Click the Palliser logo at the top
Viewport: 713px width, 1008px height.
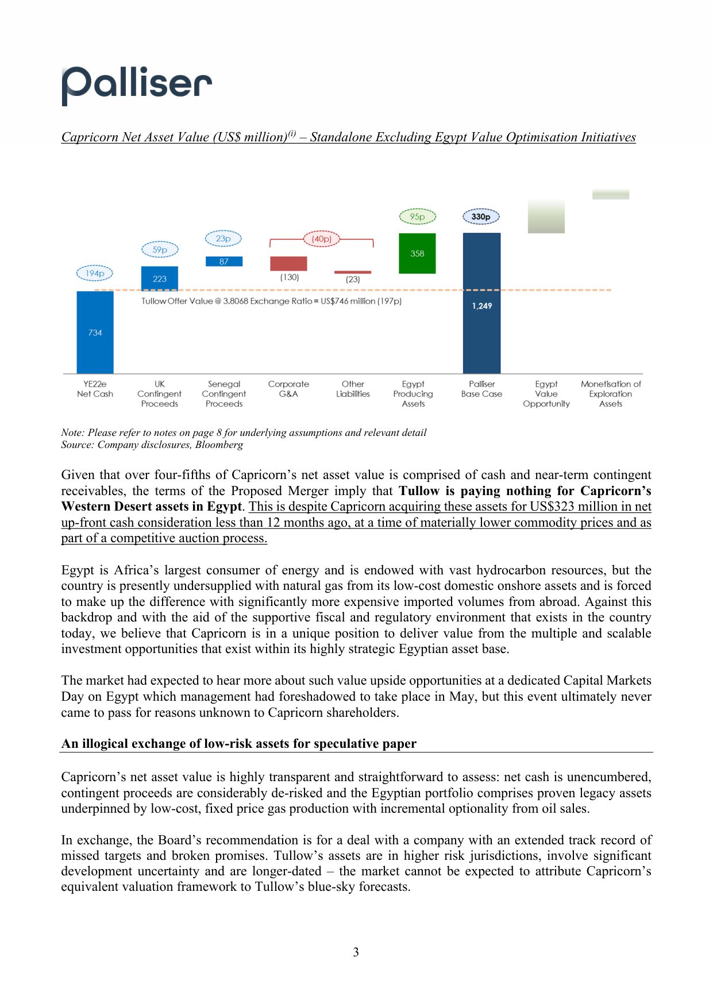[x=137, y=85]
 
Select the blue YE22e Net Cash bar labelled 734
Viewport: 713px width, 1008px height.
[x=95, y=332]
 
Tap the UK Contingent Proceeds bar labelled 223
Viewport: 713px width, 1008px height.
[x=159, y=279]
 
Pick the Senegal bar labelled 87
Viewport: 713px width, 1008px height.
[x=223, y=261]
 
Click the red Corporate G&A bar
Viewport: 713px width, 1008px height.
[x=288, y=264]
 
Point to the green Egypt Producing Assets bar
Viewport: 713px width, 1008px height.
[x=417, y=253]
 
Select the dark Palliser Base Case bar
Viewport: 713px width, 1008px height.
[x=481, y=303]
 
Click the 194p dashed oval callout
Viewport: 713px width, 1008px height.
[x=95, y=273]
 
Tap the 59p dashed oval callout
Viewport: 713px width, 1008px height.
[x=160, y=250]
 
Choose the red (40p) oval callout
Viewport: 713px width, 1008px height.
[x=322, y=238]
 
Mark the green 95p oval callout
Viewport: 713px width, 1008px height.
[x=418, y=217]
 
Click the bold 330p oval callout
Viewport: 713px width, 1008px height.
[x=481, y=217]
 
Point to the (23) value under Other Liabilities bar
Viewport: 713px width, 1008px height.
[x=353, y=279]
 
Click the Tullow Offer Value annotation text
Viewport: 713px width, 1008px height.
[x=271, y=301]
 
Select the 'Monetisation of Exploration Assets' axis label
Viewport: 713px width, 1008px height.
[x=610, y=394]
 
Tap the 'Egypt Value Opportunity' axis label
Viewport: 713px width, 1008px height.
[x=546, y=394]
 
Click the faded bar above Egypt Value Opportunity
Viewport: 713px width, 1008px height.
[x=546, y=217]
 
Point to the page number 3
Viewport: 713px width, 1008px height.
[x=356, y=952]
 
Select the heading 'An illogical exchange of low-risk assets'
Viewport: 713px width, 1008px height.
[x=238, y=744]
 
